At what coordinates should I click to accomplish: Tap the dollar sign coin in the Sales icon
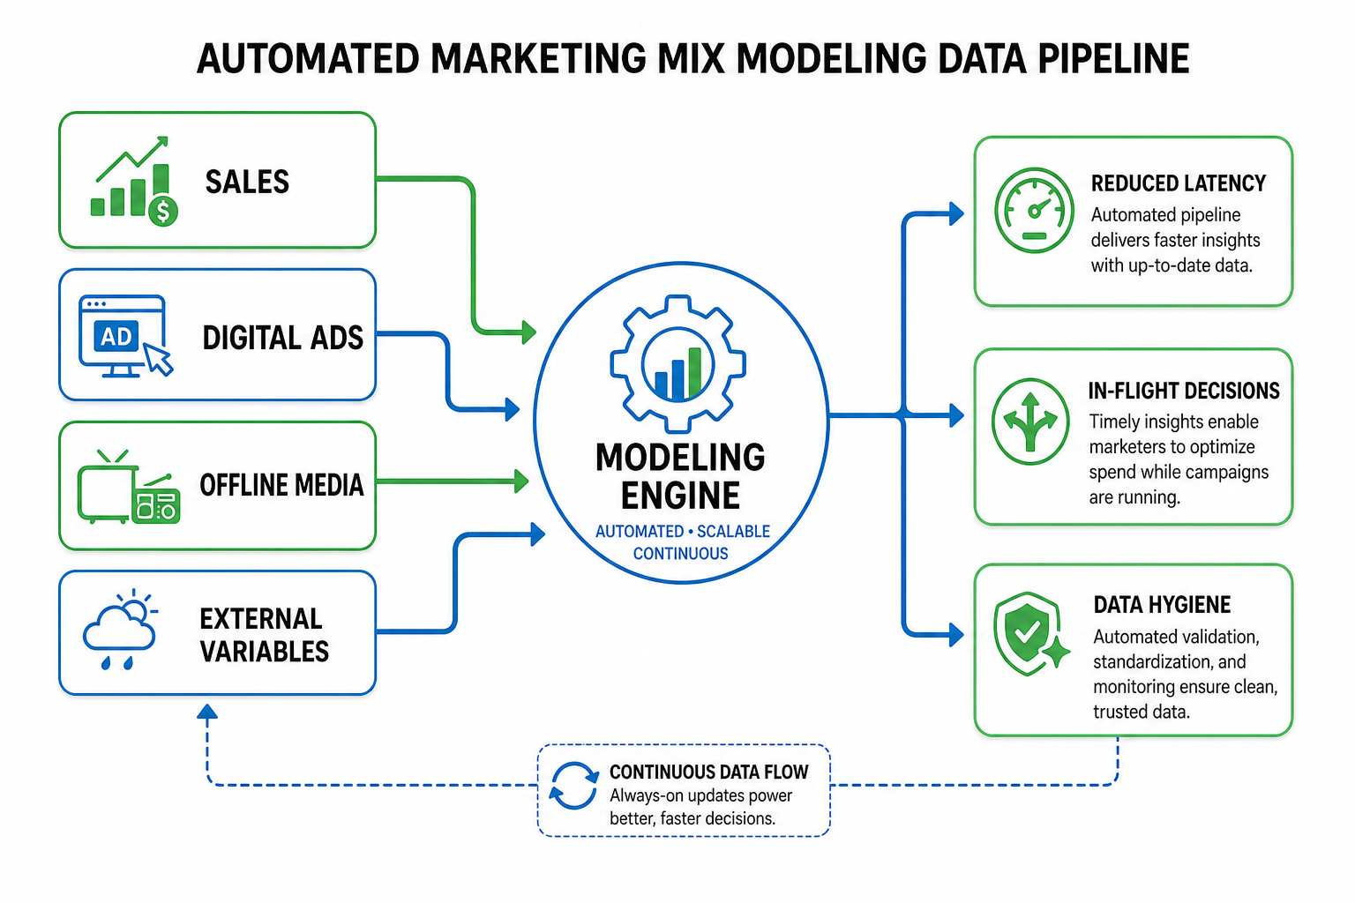point(162,212)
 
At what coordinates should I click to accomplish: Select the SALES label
point(247,182)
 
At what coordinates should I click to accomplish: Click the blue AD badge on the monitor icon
point(116,336)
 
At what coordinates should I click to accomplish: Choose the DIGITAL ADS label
point(282,338)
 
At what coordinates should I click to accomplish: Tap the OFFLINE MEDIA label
point(282,485)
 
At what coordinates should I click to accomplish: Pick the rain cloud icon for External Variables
point(120,629)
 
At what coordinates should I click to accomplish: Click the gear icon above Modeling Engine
point(678,364)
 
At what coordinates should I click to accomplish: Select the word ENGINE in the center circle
point(680,496)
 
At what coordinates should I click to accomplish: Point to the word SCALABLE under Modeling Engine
point(733,532)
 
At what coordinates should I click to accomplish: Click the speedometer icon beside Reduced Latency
point(1035,210)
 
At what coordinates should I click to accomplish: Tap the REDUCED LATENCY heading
point(1179,183)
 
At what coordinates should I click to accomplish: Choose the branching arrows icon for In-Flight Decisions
point(1030,422)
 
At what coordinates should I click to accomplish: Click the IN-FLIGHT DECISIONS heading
point(1184,391)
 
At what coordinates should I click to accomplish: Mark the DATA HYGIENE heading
point(1162,605)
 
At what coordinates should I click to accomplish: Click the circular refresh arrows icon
point(573,785)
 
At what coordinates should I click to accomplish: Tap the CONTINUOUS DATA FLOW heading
point(709,772)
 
